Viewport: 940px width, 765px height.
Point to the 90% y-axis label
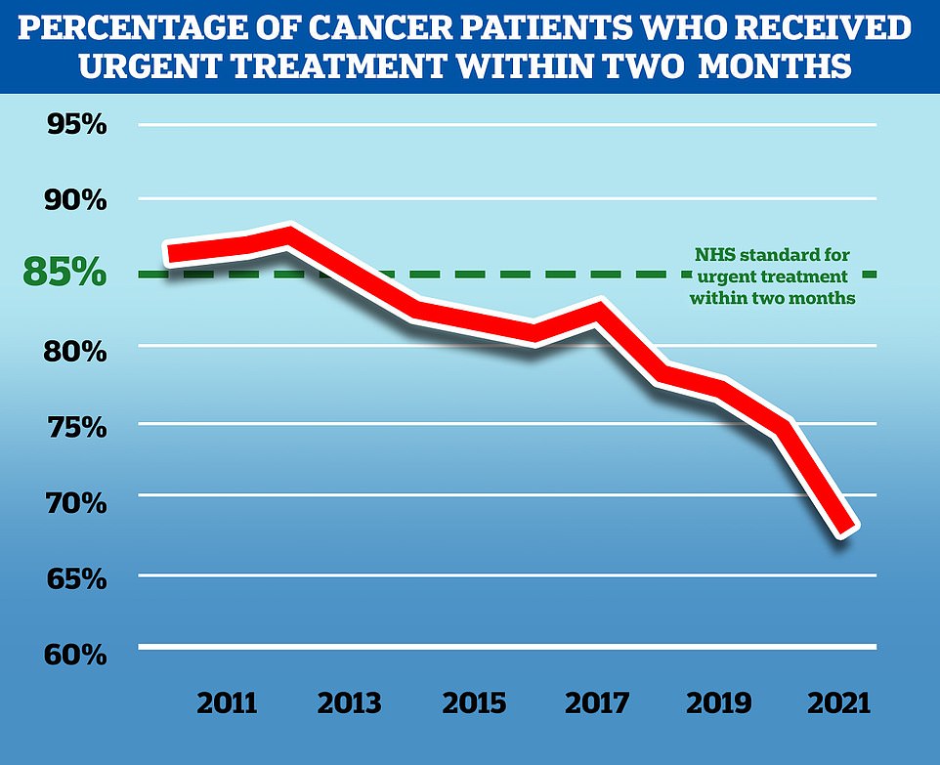pyautogui.click(x=74, y=201)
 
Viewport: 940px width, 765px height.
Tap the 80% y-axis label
pyautogui.click(x=74, y=350)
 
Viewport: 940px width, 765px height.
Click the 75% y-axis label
pyautogui.click(x=74, y=427)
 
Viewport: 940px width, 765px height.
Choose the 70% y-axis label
pyautogui.click(x=74, y=502)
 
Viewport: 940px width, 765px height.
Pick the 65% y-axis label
pyautogui.click(x=74, y=578)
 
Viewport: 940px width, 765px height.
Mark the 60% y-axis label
pyautogui.click(x=74, y=653)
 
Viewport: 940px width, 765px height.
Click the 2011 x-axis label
pyautogui.click(x=229, y=703)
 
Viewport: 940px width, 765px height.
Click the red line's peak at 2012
pyautogui.click(x=288, y=235)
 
